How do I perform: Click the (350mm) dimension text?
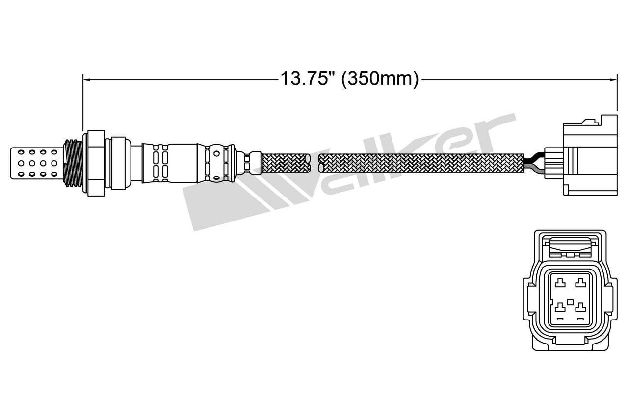[380, 78]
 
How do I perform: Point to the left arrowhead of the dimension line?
[85, 78]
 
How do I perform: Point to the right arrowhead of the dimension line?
[614, 78]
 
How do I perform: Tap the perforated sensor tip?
[37, 162]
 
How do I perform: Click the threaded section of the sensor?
[73, 162]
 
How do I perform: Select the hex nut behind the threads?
[96, 162]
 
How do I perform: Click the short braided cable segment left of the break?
[286, 162]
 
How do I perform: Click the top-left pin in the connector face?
[560, 282]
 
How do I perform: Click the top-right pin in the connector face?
[581, 282]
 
